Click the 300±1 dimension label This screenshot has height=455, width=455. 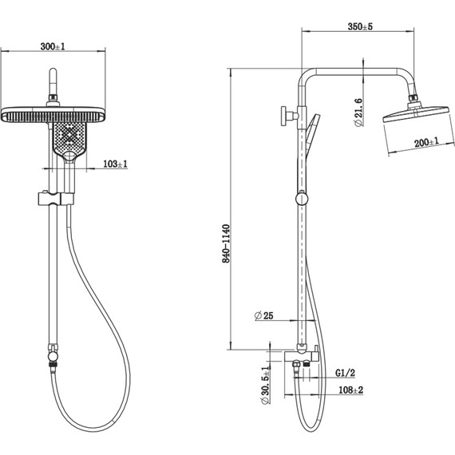[x=53, y=46]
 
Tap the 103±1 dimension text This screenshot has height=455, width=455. [x=115, y=164]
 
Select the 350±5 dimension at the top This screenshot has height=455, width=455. [x=360, y=26]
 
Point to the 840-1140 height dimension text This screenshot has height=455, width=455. [x=226, y=243]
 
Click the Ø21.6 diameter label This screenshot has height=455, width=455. [x=358, y=113]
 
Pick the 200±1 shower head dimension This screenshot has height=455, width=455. [x=426, y=142]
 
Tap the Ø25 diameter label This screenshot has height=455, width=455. [x=263, y=315]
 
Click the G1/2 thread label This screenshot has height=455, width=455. [x=345, y=373]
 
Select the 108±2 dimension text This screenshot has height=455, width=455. [x=350, y=390]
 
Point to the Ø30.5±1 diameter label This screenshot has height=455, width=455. [x=265, y=386]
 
